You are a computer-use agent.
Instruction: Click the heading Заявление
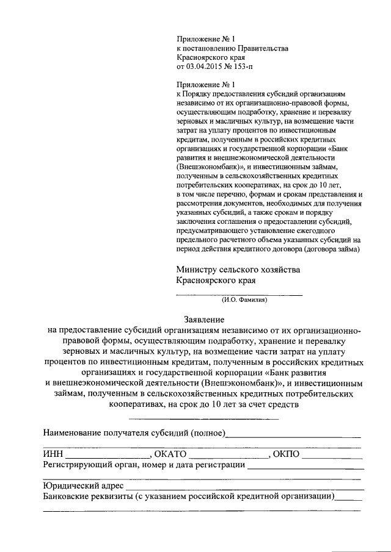point(205,320)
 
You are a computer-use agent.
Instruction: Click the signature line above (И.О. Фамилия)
point(239,295)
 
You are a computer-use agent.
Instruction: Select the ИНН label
point(53,454)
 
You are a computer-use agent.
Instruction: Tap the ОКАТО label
point(170,454)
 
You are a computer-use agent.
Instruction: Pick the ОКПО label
point(287,454)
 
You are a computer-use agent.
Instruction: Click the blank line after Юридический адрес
point(244,489)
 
